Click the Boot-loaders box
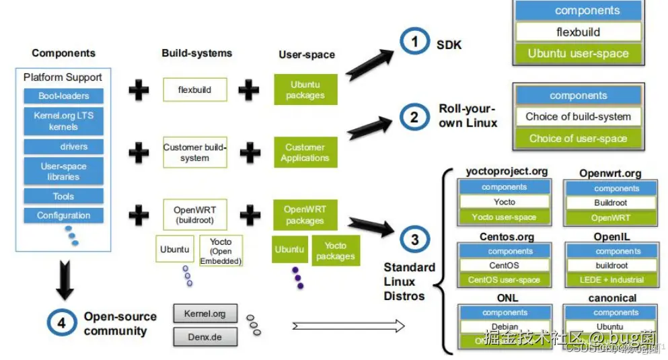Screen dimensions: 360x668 63,96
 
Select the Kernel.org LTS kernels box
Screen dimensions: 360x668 63,121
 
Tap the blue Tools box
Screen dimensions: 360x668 63,196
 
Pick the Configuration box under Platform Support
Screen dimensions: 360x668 63,216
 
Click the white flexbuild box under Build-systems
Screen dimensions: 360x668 194,89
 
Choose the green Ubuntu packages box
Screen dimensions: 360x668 305,90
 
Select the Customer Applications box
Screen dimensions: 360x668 305,153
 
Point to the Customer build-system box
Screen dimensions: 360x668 194,153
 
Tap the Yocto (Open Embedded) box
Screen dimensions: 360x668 221,251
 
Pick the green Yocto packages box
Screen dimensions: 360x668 335,251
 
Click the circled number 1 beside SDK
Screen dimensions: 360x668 414,42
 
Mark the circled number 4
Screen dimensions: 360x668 61,322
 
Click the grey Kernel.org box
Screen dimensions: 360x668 205,314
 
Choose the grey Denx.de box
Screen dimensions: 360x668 205,337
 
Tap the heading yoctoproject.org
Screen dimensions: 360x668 507,172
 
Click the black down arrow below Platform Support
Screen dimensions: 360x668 65,281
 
